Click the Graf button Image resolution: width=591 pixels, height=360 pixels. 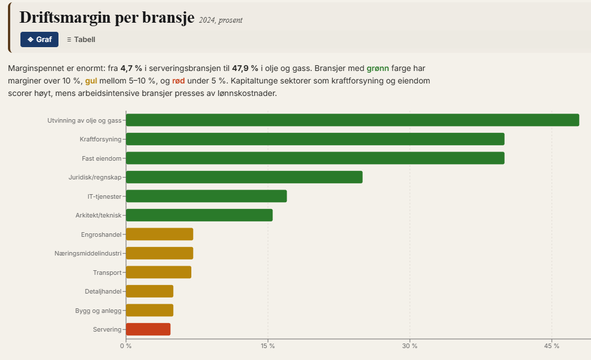[39, 39]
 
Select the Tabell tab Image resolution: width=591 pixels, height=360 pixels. [81, 39]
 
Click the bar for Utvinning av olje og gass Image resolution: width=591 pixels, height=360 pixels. [352, 120]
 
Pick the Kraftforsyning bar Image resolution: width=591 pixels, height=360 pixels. [315, 139]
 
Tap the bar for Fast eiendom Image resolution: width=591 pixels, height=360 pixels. [315, 158]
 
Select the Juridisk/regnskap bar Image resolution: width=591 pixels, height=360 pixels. [244, 177]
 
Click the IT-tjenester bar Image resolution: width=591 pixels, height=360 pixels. [206, 196]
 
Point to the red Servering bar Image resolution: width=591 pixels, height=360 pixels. [148, 329]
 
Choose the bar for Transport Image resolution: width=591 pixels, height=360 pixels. [158, 272]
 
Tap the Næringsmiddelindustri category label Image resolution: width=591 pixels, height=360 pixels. [88, 253]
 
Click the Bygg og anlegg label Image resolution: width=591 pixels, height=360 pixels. [98, 311]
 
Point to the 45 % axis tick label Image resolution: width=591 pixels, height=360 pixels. [552, 346]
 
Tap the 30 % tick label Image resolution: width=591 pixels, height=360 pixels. [410, 346]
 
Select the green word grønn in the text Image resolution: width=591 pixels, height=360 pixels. [378, 68]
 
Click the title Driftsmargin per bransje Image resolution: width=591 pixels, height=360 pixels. [107, 17]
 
